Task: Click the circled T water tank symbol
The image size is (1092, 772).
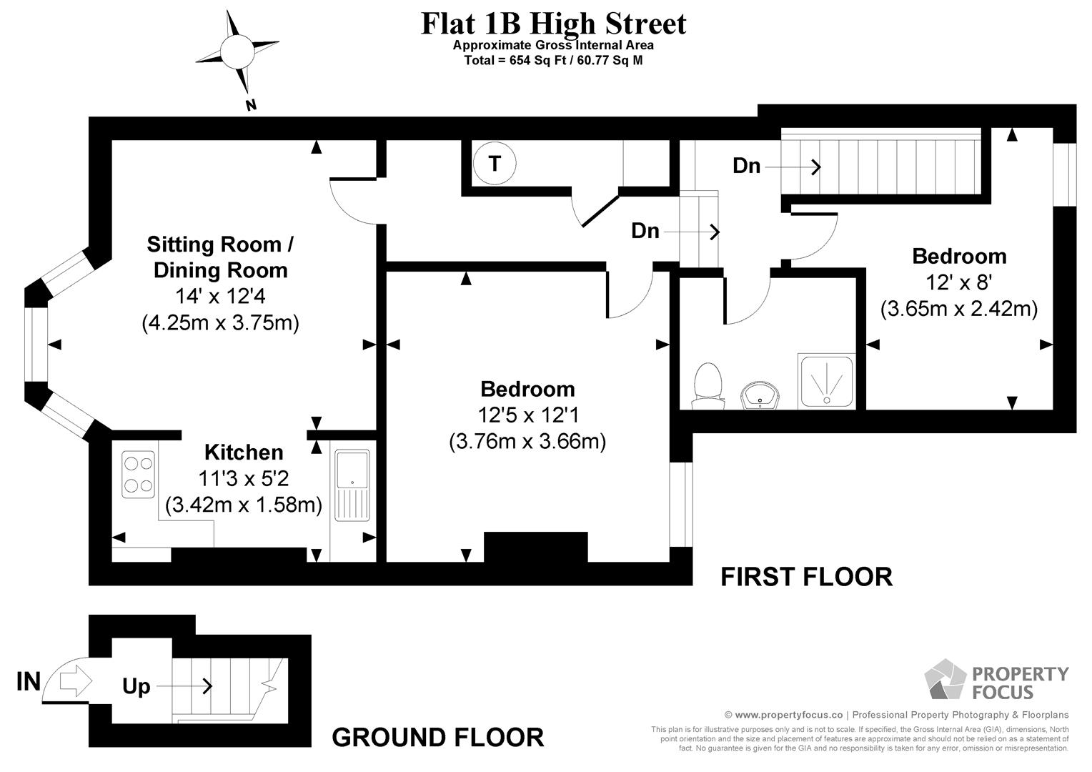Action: [x=495, y=164]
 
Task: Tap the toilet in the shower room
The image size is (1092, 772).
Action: [x=708, y=386]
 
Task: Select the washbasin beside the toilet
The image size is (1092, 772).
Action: [x=760, y=395]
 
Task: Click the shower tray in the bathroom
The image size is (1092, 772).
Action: [x=827, y=382]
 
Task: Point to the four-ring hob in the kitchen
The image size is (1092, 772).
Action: [x=139, y=475]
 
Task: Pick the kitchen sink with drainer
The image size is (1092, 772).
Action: [x=352, y=485]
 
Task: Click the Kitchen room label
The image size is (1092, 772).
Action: [x=244, y=452]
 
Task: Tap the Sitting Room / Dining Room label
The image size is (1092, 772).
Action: [x=220, y=257]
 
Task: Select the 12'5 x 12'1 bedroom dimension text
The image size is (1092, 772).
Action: [x=528, y=415]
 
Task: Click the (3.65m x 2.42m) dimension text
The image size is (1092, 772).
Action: [x=959, y=309]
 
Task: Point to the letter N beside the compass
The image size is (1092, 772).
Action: [x=251, y=105]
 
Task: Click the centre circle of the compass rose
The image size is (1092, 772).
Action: [x=237, y=51]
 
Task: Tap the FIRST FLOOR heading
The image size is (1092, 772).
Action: [x=806, y=577]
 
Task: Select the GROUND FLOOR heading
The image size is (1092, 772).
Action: [x=438, y=738]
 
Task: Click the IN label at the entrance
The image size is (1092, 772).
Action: [x=29, y=681]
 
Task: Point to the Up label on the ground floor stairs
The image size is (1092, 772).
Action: [x=136, y=686]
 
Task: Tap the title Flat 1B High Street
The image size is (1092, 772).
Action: [x=553, y=24]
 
